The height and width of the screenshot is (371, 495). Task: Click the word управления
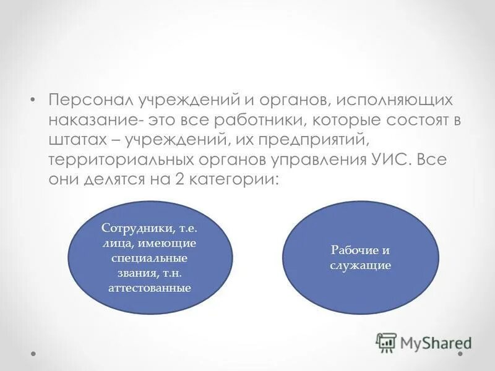pos(316,160)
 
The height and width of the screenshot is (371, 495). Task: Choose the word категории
pos(234,179)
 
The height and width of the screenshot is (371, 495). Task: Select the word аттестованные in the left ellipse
pos(150,288)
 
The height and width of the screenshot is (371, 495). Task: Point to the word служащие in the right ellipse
pos(361,265)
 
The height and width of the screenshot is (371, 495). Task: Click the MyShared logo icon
pos(386,342)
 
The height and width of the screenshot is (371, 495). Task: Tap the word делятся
pos(114,179)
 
